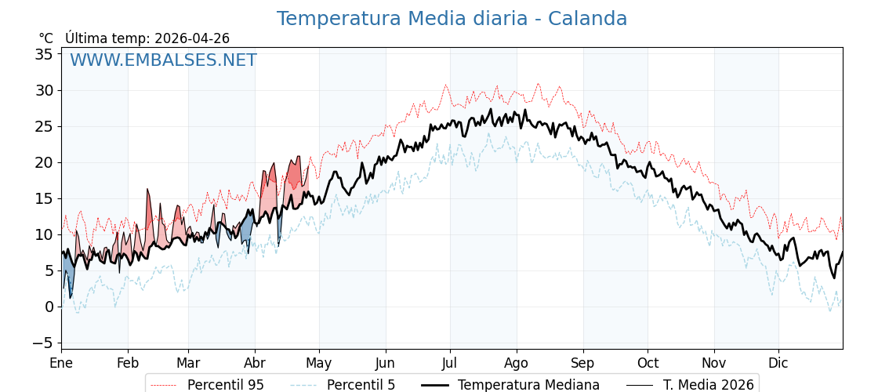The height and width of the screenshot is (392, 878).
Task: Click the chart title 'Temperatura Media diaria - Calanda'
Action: (452, 19)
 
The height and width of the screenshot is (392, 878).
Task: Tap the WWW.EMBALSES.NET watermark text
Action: (163, 60)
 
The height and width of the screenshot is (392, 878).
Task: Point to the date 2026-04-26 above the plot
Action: (192, 38)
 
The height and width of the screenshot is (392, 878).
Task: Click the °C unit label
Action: (45, 38)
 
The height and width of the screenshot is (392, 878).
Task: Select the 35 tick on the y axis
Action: (44, 54)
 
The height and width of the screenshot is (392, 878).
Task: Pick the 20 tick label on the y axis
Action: (44, 162)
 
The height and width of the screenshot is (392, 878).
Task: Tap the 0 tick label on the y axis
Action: (49, 307)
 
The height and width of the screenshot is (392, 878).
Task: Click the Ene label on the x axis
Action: (61, 363)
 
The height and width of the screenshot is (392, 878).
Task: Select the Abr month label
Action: (255, 363)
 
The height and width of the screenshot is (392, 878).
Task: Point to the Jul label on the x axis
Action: (450, 363)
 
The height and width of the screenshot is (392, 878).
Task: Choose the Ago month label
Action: (517, 363)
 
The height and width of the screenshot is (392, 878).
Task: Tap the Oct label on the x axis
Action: (648, 363)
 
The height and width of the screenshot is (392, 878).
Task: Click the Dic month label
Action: (778, 363)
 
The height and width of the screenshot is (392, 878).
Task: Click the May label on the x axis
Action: (319, 363)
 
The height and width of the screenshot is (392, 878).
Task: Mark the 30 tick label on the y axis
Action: (44, 90)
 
